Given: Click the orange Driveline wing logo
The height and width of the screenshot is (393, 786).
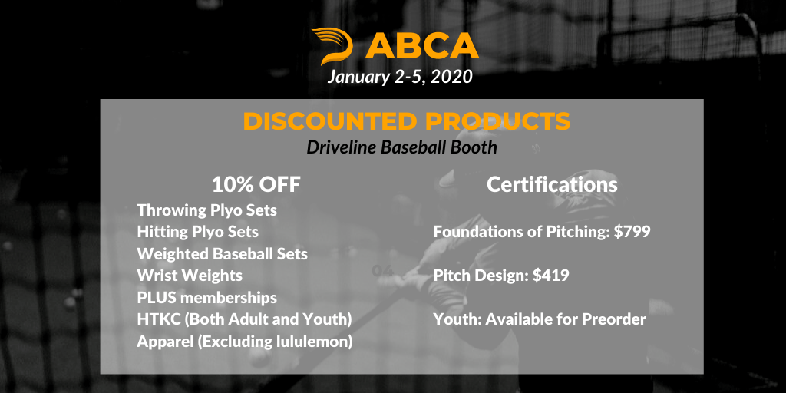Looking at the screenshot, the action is [332, 45].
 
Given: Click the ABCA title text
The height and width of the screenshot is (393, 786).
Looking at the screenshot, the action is [422, 47].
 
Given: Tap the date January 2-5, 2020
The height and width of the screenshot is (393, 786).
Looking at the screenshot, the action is [400, 78].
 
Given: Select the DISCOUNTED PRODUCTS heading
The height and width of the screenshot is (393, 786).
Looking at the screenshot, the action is [407, 121].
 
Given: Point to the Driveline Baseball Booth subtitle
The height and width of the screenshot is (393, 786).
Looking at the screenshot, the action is [402, 147].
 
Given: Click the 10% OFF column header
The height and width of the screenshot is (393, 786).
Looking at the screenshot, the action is [256, 184].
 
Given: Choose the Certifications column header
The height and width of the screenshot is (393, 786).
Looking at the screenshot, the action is [552, 184].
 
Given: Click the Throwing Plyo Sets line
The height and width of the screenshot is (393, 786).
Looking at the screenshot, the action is [207, 210].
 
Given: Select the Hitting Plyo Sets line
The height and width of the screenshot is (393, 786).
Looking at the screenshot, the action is [198, 232].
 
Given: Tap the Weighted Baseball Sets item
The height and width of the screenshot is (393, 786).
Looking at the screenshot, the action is [223, 253].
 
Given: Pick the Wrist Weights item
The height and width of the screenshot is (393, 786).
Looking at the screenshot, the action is [190, 276].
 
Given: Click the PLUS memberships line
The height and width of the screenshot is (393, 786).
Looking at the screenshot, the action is [207, 298].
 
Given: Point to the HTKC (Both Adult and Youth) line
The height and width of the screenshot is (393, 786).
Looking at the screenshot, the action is [245, 319].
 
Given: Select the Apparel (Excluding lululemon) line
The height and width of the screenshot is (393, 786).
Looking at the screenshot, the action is [245, 342].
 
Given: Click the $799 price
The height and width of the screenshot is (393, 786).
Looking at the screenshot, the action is [632, 232].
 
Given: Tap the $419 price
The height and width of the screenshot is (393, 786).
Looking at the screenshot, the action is [551, 276].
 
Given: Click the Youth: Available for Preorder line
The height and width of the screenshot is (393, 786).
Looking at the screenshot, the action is [540, 319].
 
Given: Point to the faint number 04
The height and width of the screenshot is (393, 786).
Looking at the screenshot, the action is [383, 271].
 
